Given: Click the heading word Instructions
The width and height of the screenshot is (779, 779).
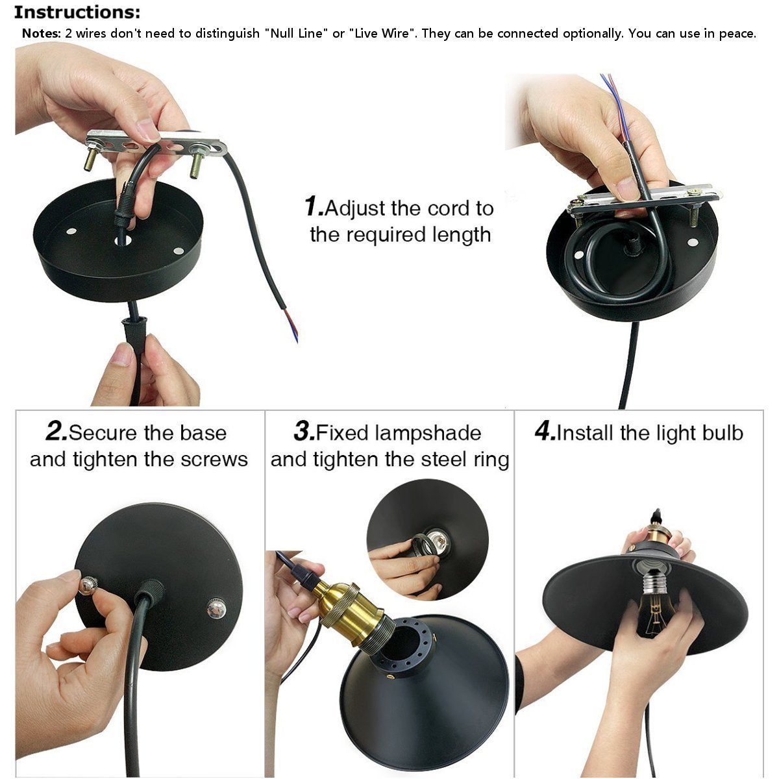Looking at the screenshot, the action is (x=77, y=12).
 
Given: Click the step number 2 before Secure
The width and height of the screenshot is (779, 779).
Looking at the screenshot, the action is (x=56, y=431).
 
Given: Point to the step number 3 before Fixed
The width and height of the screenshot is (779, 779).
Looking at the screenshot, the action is (x=304, y=431).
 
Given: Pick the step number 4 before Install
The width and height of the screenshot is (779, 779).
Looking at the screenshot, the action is (x=545, y=431).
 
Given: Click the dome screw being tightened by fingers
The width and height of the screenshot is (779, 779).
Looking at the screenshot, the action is (x=88, y=585).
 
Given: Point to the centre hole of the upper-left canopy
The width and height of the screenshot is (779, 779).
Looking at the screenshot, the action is (x=123, y=241).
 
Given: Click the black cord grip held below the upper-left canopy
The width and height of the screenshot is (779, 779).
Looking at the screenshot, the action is (x=134, y=335).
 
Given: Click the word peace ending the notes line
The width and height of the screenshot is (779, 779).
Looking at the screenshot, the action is (x=737, y=34).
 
